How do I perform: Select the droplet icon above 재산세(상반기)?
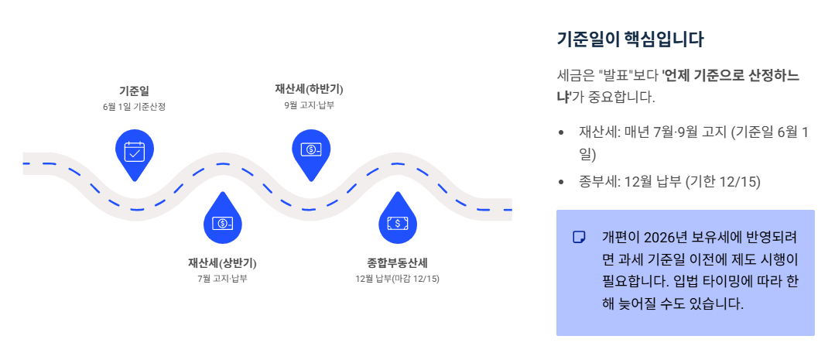tap(223, 222)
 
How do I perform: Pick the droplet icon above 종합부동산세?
tap(398, 222)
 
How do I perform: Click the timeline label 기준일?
tap(134, 91)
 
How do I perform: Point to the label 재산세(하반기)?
tap(310, 87)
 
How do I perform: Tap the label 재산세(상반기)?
tap(222, 262)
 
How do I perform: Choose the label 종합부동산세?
tap(397, 262)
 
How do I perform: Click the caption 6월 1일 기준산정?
tap(134, 107)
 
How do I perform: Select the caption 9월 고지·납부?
tap(310, 104)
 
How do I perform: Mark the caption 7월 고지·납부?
tap(222, 278)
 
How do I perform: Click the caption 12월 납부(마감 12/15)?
tap(397, 278)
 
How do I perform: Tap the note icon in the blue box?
tap(579, 237)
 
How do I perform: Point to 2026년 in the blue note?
tap(663, 236)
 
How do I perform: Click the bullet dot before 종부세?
tap(561, 183)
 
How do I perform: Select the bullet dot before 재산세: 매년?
tap(561, 133)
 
